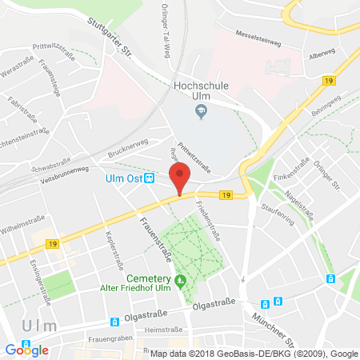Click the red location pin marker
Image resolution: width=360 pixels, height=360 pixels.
(x=181, y=178)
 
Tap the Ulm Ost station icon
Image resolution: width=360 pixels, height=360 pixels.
(x=149, y=178)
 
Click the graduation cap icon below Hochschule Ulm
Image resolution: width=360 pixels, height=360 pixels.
(x=201, y=113)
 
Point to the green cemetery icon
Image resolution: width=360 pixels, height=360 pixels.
(x=181, y=280)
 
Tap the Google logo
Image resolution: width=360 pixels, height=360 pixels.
(x=26, y=350)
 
